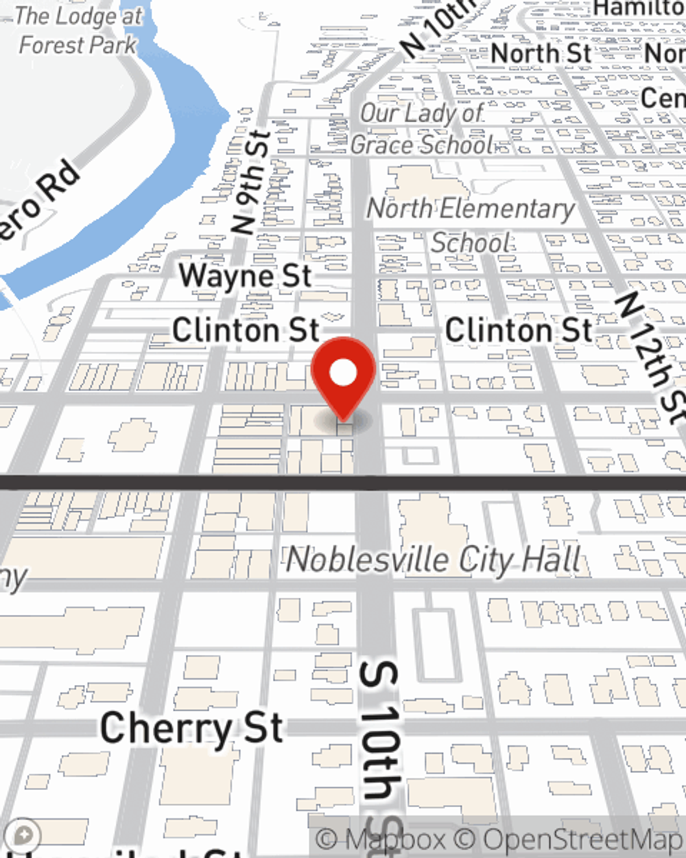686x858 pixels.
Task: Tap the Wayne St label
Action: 245,276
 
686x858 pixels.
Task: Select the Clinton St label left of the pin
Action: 246,330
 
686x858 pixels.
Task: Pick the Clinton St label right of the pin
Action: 519,330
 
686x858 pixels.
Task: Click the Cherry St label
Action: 191,728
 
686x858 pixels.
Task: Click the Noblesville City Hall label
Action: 434,560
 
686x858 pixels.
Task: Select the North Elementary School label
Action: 471,225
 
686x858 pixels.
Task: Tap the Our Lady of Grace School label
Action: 423,129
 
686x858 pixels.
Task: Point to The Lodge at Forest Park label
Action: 78,31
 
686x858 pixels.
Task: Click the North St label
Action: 541,53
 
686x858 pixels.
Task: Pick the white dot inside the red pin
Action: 343,373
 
